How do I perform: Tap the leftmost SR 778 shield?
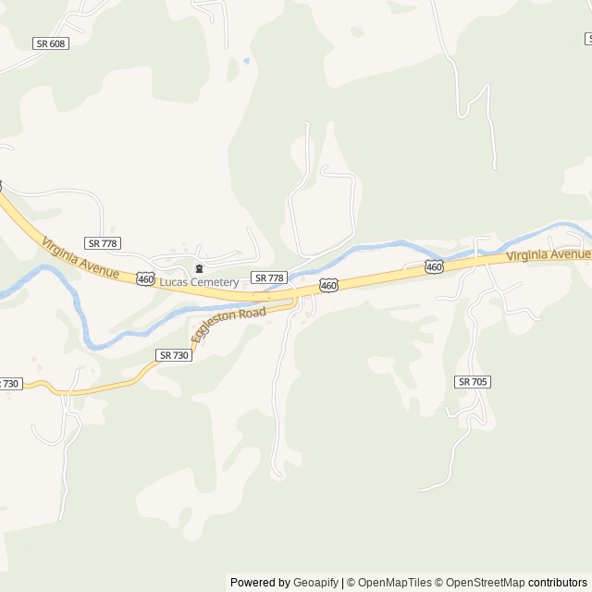(x=102, y=242)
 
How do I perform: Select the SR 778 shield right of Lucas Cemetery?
(x=269, y=277)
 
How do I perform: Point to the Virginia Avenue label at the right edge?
(x=549, y=254)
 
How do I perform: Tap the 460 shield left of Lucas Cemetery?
(x=145, y=278)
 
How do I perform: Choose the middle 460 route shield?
(x=328, y=286)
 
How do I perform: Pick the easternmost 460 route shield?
(x=434, y=266)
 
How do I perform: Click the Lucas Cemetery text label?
(x=199, y=282)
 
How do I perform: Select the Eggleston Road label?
(x=228, y=325)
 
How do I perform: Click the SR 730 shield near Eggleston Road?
(x=174, y=355)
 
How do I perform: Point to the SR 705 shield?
(x=473, y=381)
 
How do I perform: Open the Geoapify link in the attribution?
(x=315, y=583)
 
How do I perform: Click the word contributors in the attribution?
(x=558, y=583)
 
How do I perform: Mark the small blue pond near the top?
(x=246, y=61)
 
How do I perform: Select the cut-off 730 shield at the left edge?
(x=8, y=383)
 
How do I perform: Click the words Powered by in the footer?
(x=260, y=583)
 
